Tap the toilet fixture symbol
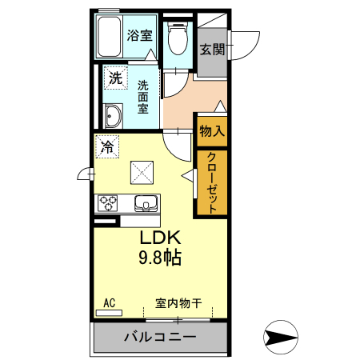coord(178,38)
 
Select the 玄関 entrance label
coord(212,50)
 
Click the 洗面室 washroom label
coord(143,97)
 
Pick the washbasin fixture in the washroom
coord(112,117)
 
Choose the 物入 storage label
coord(211,130)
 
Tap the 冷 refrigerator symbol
coord(107,147)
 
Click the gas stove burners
coord(107,203)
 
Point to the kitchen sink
coord(145,202)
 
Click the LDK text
coord(163,238)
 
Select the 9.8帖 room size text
coord(162,258)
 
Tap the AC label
coord(110,302)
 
